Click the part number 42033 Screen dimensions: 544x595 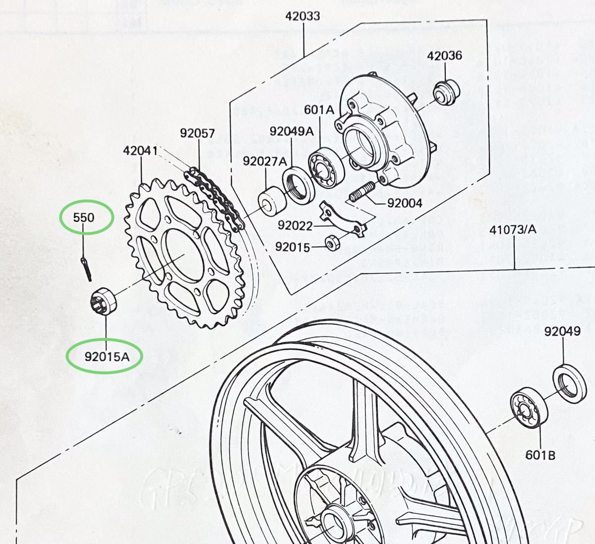click(302, 16)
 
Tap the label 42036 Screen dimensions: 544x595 click(445, 55)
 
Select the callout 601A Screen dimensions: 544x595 click(319, 109)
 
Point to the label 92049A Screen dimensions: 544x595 click(292, 131)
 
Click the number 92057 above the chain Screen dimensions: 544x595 click(197, 133)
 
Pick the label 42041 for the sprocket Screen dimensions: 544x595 click(140, 151)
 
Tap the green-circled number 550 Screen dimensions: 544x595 click(84, 217)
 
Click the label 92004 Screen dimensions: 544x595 click(405, 203)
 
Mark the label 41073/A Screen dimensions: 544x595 click(513, 230)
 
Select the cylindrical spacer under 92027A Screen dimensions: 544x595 click(270, 199)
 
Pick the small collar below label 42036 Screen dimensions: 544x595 click(446, 92)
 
